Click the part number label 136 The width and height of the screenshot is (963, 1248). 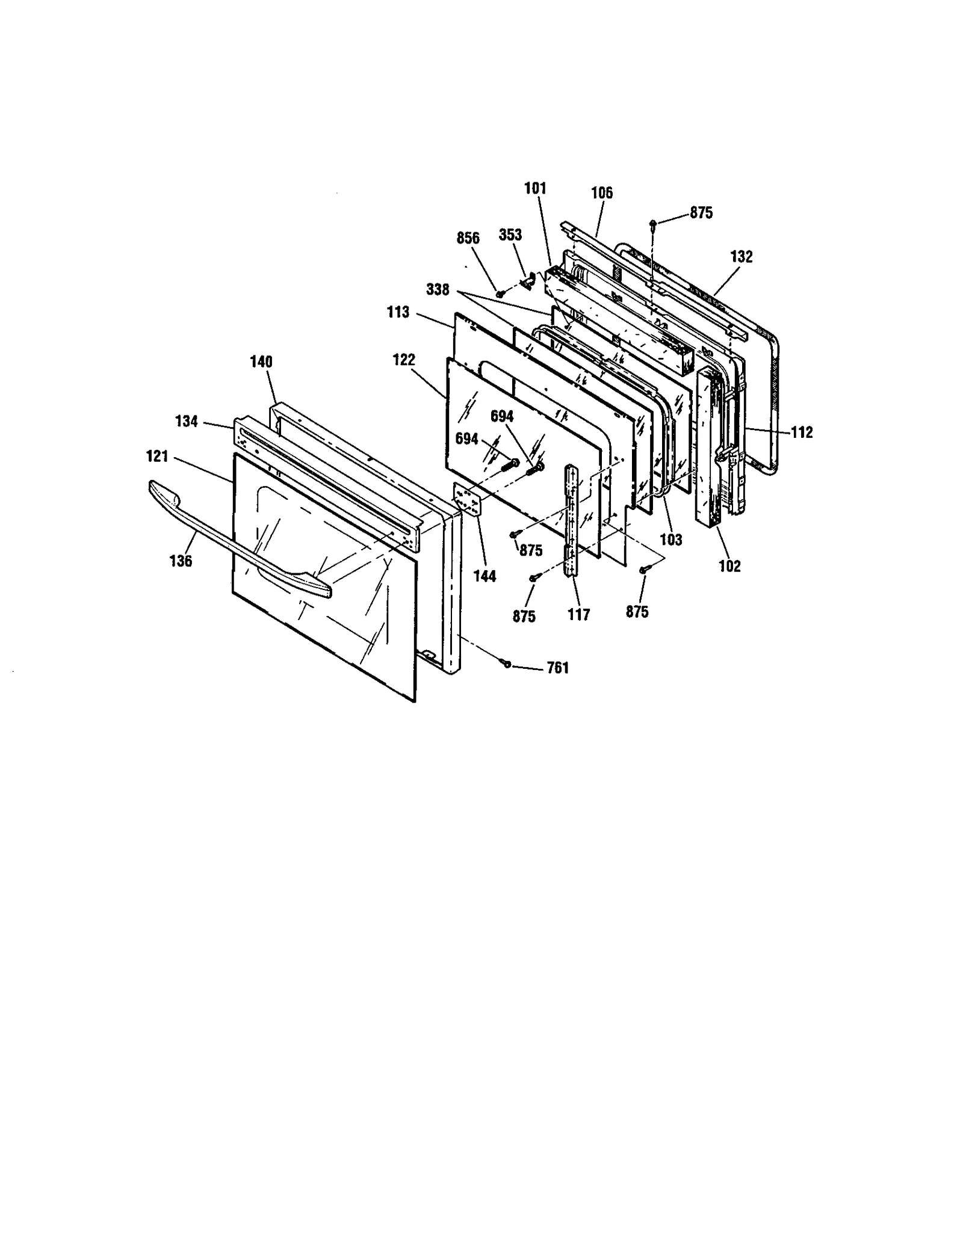tap(181, 561)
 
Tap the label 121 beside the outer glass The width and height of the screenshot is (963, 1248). tap(157, 456)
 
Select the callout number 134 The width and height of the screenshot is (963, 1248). tap(187, 421)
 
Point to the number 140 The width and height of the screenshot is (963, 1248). tap(261, 361)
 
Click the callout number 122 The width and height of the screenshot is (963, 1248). tap(403, 360)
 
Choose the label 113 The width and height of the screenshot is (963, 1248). tap(398, 312)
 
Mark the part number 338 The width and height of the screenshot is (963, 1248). tap(438, 289)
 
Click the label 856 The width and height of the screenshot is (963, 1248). tap(468, 238)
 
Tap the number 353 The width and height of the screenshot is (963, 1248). tap(510, 235)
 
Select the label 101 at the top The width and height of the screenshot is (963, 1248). tap(534, 188)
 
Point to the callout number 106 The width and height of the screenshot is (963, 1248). tap(601, 192)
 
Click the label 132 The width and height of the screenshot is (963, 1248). tap(741, 256)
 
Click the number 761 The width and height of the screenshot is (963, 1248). tap(557, 668)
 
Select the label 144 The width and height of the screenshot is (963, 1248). tap(485, 576)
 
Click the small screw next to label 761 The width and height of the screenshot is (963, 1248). tap(507, 663)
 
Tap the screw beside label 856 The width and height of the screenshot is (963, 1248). tap(499, 293)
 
